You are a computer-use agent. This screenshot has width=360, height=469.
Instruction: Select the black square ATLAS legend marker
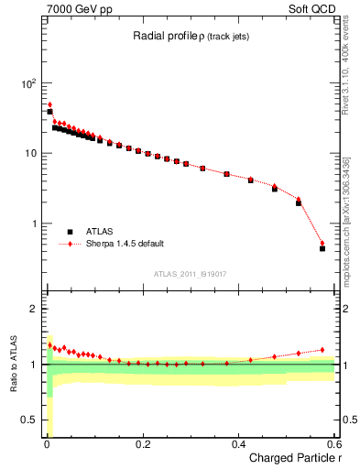pos(69,232)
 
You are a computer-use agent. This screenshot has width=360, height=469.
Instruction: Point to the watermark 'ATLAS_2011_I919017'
pos(190,273)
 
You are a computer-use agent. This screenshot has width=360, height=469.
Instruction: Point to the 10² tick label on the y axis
pos(27,83)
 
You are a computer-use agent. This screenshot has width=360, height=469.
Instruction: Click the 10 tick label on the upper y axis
pos(30,153)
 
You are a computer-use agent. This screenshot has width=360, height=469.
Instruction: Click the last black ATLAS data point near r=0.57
pos(322,248)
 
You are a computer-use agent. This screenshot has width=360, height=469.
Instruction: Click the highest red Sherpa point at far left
pos(49,104)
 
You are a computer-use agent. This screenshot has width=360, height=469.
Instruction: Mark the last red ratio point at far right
pos(322,349)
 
